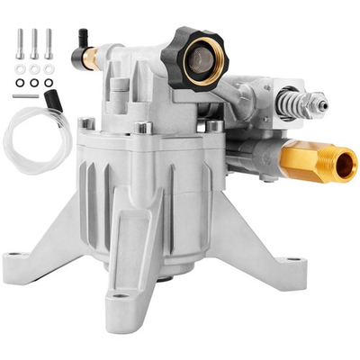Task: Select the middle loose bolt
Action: coord(34,45)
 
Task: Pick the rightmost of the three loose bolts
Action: coord(49,45)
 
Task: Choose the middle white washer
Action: coord(34,68)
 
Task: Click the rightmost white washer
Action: coord(49,68)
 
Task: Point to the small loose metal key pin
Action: coord(25,95)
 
